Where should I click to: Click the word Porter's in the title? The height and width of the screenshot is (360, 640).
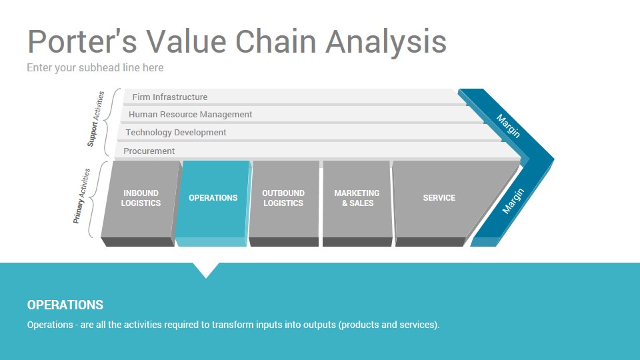pyautogui.click(x=82, y=41)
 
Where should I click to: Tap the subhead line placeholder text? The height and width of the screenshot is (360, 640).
pyautogui.click(x=95, y=68)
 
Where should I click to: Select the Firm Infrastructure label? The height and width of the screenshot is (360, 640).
pyautogui.click(x=170, y=97)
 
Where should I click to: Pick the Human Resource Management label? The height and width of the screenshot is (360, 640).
pyautogui.click(x=190, y=115)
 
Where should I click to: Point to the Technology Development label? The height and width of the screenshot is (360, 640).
pyautogui.click(x=175, y=133)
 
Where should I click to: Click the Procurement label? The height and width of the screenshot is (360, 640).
pyautogui.click(x=149, y=151)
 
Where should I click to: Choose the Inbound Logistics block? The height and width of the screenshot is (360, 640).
pyautogui.click(x=140, y=203)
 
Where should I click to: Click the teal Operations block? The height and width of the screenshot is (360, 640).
pyautogui.click(x=213, y=203)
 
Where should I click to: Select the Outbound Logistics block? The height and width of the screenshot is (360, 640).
pyautogui.click(x=284, y=203)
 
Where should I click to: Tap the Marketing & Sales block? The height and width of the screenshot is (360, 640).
pyautogui.click(x=357, y=203)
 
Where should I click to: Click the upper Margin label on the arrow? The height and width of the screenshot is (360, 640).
pyautogui.click(x=508, y=126)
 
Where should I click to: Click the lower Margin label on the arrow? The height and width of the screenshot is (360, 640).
pyautogui.click(x=513, y=201)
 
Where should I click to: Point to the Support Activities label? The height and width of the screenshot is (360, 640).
pyautogui.click(x=96, y=119)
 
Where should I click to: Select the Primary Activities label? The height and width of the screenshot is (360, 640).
pyautogui.click(x=81, y=196)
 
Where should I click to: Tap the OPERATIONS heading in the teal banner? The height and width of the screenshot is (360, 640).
pyautogui.click(x=65, y=305)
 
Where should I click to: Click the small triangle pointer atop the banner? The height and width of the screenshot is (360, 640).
pyautogui.click(x=206, y=269)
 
